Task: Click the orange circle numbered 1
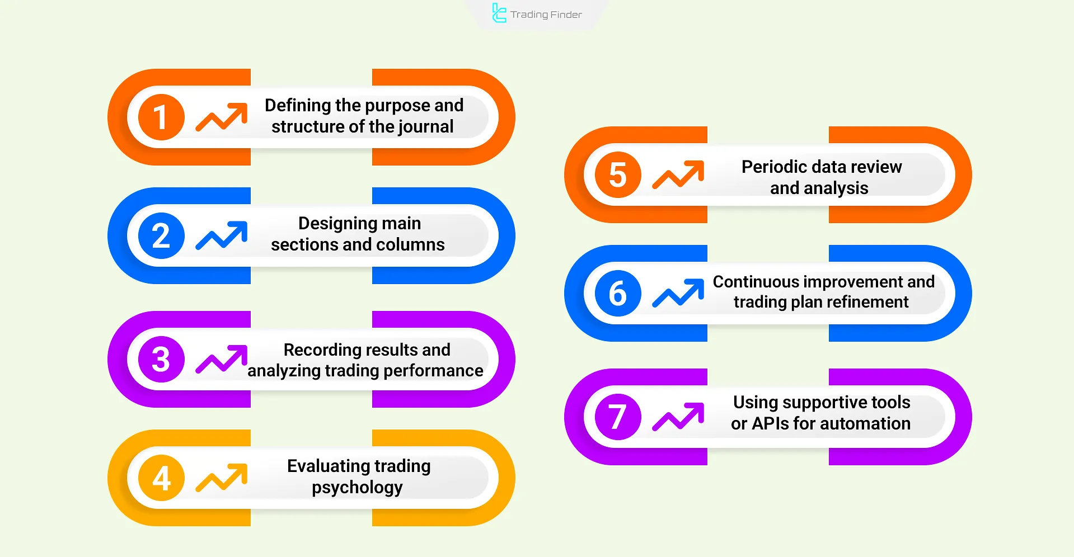click(x=161, y=117)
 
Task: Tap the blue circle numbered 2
click(x=161, y=235)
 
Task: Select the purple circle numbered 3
click(x=161, y=359)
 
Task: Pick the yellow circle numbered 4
click(x=161, y=478)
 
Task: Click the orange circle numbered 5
click(x=618, y=174)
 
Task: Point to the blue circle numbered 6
click(x=618, y=293)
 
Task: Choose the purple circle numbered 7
click(x=618, y=417)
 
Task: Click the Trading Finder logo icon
click(x=499, y=13)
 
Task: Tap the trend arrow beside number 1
click(x=222, y=117)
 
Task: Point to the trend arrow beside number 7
click(x=678, y=417)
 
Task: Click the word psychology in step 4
click(x=357, y=488)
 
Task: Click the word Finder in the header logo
click(x=566, y=15)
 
